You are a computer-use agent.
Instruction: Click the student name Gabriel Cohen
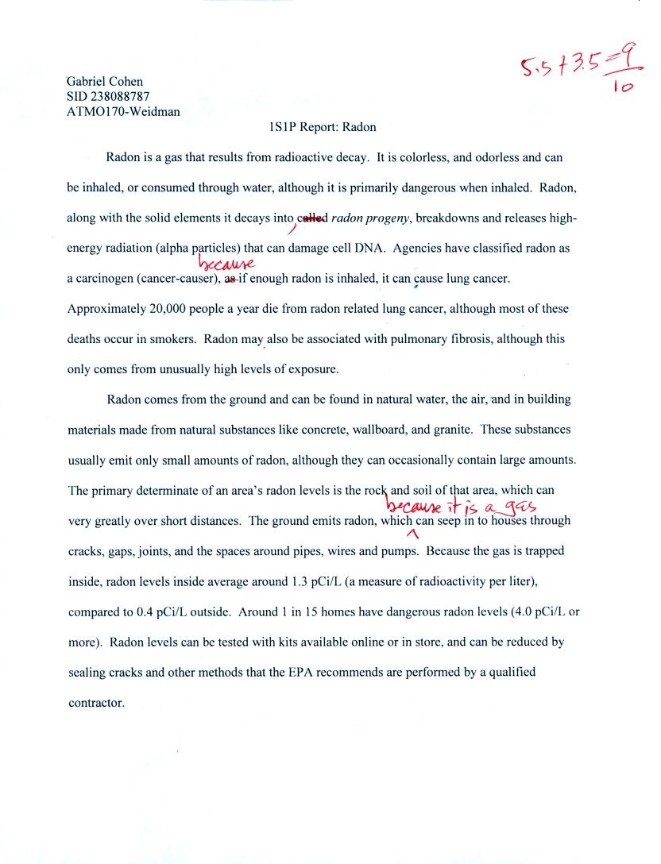(x=105, y=81)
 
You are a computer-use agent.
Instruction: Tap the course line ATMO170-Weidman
(x=123, y=111)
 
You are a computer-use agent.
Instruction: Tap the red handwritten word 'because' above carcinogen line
(x=226, y=263)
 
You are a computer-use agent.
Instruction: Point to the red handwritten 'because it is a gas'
(x=461, y=506)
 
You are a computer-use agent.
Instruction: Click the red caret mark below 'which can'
(x=412, y=534)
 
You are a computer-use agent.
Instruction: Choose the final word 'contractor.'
(x=96, y=702)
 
